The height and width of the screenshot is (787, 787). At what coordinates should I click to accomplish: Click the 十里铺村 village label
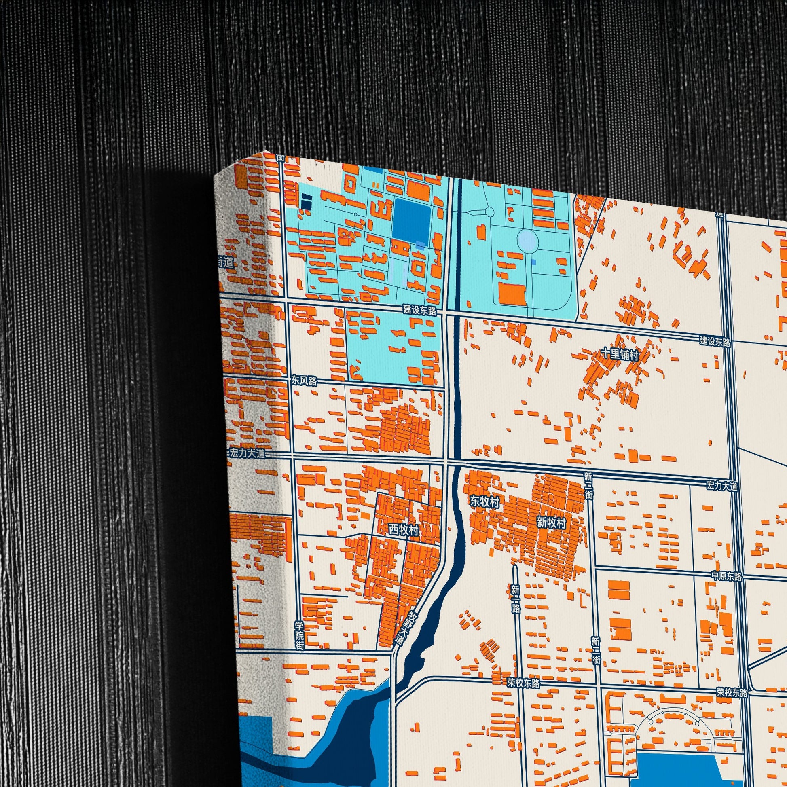tap(620, 354)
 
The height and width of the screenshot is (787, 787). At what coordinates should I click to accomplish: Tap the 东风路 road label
tap(303, 381)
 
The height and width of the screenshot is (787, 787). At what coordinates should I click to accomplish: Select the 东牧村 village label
tap(484, 501)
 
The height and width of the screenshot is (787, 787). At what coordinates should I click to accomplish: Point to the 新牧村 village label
tap(551, 523)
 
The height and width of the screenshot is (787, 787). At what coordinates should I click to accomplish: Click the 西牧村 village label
tap(403, 530)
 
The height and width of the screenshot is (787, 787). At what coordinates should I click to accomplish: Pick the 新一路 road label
tap(515, 599)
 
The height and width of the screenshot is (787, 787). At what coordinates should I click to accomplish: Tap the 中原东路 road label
tap(726, 576)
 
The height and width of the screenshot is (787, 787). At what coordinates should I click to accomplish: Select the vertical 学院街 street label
tap(300, 635)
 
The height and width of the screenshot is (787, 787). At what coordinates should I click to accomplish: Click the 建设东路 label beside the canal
tap(419, 310)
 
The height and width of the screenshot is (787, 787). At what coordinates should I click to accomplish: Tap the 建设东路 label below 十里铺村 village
tap(715, 341)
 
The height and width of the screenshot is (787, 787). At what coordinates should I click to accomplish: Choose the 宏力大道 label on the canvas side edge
tap(247, 453)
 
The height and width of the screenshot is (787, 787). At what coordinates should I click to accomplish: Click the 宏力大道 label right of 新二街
tap(722, 486)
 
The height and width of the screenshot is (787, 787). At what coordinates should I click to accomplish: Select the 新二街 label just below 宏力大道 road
tap(588, 485)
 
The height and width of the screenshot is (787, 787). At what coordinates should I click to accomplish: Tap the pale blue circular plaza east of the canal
tap(527, 240)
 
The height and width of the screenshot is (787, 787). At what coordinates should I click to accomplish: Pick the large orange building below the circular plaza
tap(512, 294)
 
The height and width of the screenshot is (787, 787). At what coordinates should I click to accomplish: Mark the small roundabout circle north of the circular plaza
tap(489, 212)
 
